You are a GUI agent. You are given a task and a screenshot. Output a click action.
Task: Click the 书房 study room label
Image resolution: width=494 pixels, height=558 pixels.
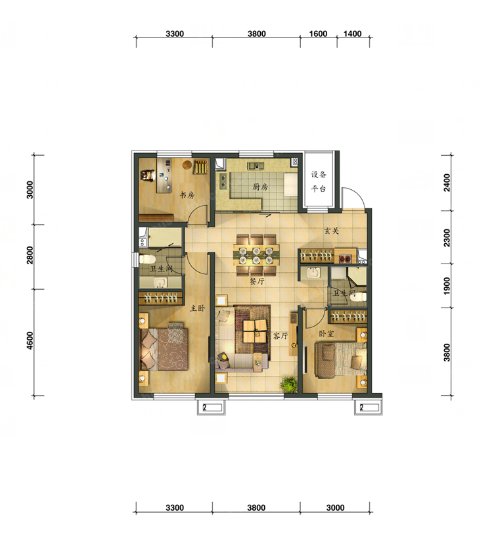[x=187, y=195]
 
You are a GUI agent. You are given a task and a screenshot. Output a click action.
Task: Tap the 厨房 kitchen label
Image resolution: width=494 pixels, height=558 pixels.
[x=260, y=187]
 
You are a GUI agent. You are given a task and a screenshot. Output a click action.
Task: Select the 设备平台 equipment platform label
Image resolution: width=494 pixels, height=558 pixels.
[x=319, y=181]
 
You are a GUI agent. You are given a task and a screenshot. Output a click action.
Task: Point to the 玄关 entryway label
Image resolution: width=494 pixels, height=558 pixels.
[x=331, y=231]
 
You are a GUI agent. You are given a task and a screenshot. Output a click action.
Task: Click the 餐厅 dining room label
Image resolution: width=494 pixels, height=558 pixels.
[x=257, y=281]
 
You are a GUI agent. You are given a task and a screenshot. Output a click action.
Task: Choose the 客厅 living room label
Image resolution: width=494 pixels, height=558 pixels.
[x=281, y=336]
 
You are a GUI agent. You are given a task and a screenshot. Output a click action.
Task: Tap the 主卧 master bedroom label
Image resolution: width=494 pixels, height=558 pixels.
[x=197, y=308]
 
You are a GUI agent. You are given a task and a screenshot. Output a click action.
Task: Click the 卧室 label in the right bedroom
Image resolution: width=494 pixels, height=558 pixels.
[x=326, y=334]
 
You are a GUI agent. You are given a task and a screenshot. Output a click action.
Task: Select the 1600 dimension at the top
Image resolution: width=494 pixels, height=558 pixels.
[x=318, y=34]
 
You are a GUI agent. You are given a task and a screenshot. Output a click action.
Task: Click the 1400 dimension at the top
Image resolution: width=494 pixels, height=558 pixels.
[x=353, y=34]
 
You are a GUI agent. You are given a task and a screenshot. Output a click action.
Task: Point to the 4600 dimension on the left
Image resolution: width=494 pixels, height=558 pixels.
[x=30, y=340]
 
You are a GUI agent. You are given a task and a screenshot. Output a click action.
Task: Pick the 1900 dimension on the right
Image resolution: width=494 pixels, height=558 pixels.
[x=447, y=285]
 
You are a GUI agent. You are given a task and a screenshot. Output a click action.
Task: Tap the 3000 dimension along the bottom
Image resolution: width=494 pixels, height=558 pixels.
[x=335, y=508]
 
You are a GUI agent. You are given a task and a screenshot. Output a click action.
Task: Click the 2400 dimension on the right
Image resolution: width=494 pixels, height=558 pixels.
[x=447, y=183]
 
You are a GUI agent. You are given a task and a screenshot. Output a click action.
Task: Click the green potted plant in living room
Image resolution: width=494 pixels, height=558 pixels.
[x=288, y=384]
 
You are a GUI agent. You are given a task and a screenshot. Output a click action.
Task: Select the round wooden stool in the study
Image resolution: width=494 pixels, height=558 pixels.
[x=187, y=165]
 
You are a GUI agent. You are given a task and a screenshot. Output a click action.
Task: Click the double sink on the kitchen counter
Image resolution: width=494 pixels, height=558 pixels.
[x=256, y=166]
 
